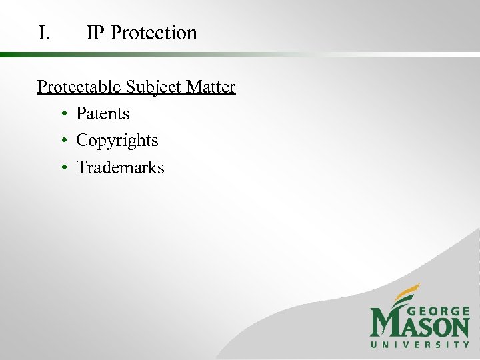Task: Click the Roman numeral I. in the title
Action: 44,33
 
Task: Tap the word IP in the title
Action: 95,33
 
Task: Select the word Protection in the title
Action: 154,33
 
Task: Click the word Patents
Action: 103,114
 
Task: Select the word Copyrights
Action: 117,141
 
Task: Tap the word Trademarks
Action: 120,167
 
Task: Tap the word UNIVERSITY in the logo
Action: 420,345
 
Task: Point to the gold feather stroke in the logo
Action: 405,293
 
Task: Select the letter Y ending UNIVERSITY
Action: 466,345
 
